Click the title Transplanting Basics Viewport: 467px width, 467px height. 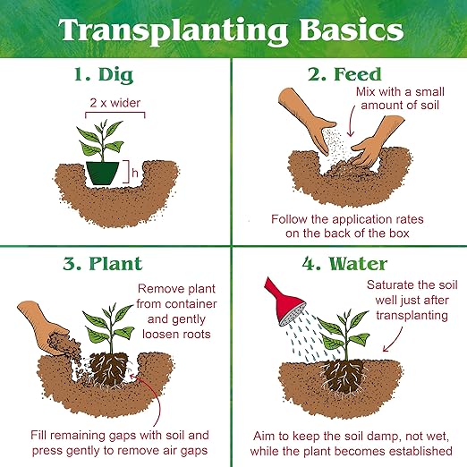(231, 31)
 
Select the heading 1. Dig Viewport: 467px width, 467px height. (104, 75)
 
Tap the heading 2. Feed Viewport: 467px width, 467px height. (344, 74)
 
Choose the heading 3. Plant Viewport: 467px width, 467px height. (103, 264)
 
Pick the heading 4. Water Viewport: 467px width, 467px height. (344, 264)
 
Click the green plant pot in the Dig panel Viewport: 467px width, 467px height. (102, 174)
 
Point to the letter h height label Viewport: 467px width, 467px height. (135, 173)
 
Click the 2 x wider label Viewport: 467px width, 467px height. (115, 103)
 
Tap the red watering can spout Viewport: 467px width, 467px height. (284, 302)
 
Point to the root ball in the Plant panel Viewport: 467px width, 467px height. (109, 369)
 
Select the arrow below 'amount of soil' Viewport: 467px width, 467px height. (352, 123)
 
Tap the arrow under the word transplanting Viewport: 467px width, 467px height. (395, 340)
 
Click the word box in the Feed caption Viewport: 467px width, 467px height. (399, 233)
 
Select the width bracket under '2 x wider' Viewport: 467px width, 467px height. (115, 113)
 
